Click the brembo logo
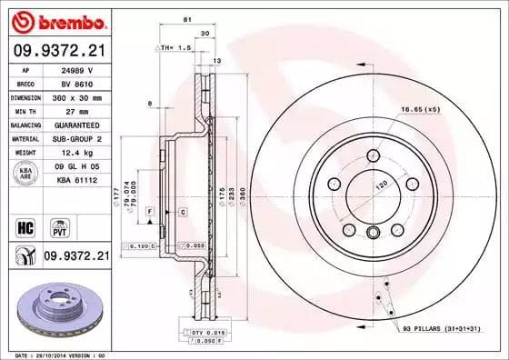pos(55,20)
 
